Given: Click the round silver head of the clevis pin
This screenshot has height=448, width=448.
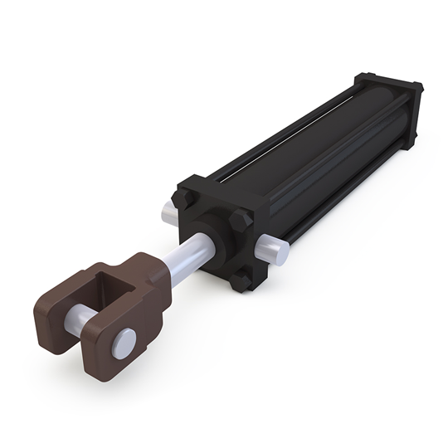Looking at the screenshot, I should pos(123,340).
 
